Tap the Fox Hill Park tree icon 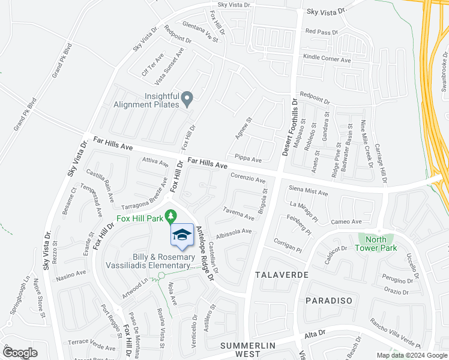(x=171, y=215)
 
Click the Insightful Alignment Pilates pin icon (x=187, y=97)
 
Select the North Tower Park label (x=376, y=242)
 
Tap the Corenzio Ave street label (x=248, y=179)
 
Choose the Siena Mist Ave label (x=309, y=193)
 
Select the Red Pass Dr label (x=321, y=31)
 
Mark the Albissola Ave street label (x=234, y=232)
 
